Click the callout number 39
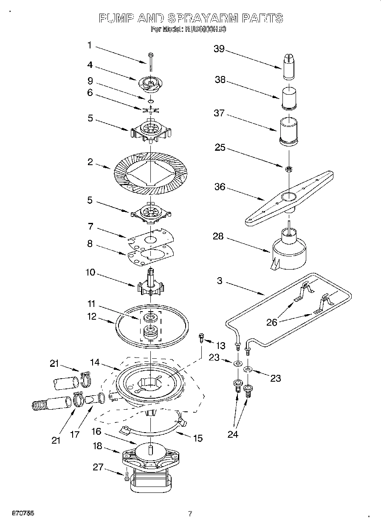[x=219, y=48]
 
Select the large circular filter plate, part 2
[x=151, y=170]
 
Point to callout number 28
[x=218, y=236]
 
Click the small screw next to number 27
[x=127, y=478]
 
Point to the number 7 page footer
[x=190, y=514]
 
